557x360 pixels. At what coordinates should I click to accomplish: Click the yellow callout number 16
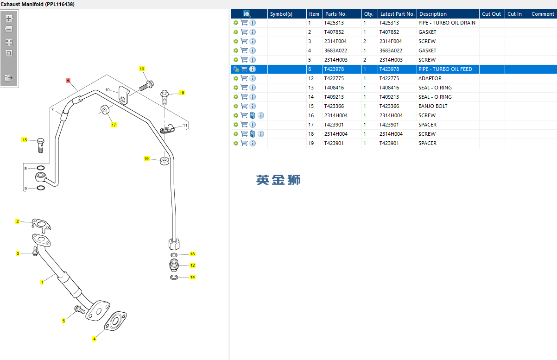[142, 69]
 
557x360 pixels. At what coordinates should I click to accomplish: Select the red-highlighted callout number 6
[68, 80]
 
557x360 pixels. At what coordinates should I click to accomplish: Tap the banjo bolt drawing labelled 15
[41, 145]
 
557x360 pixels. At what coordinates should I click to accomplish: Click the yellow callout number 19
[146, 158]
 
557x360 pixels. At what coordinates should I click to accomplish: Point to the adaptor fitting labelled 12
[174, 265]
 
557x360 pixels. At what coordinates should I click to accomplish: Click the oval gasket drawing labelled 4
[115, 321]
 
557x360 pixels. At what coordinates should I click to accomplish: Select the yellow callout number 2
[18, 221]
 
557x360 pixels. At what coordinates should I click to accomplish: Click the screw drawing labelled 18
[165, 97]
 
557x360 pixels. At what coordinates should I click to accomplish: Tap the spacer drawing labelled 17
[105, 110]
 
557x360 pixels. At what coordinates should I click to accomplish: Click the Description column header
[433, 14]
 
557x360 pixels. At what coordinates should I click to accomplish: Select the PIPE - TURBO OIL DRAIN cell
[447, 23]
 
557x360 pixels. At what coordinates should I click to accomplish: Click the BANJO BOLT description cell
[433, 106]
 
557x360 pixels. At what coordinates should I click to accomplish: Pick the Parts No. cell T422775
[334, 78]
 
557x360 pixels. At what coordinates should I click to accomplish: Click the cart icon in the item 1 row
[244, 23]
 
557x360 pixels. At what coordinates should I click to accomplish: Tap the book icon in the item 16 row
[253, 115]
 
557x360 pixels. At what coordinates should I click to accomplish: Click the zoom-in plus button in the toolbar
[9, 19]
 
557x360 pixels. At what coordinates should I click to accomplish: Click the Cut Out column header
[491, 14]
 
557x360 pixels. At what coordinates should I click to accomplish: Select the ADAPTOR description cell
[430, 78]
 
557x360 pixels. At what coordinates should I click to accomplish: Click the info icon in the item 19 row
[253, 143]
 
